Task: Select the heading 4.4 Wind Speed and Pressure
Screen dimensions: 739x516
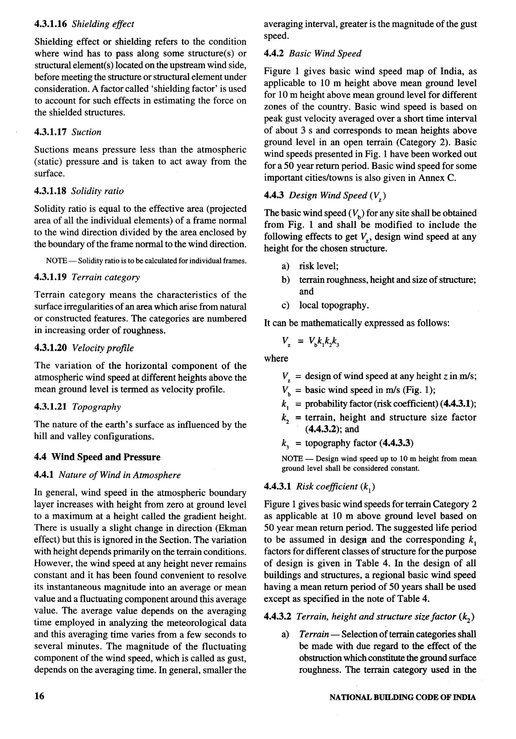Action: point(97,457)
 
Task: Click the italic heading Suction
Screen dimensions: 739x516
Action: point(86,132)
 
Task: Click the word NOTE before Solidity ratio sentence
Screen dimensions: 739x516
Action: point(56,261)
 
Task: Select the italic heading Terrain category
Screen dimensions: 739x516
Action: point(106,277)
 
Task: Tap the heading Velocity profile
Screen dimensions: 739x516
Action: point(103,348)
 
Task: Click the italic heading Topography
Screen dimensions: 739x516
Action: point(96,407)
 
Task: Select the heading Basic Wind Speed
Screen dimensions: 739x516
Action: point(325,53)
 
